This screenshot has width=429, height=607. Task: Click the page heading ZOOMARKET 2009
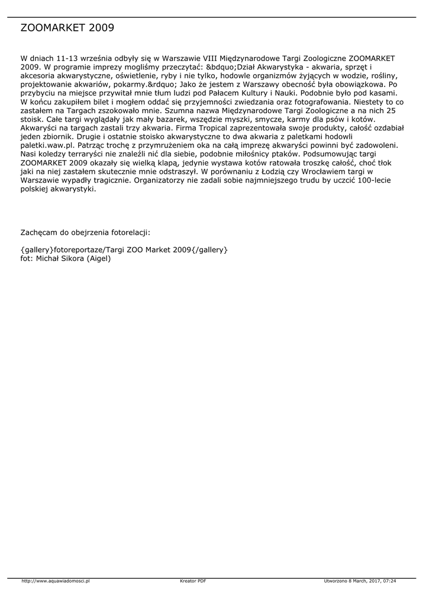tap(67, 28)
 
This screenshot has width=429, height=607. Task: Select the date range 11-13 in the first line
tap(69, 59)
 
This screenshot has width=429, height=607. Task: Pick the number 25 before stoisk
tap(391, 111)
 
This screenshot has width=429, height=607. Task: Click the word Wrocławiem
tap(322, 172)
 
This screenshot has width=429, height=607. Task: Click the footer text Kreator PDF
tap(193, 581)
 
